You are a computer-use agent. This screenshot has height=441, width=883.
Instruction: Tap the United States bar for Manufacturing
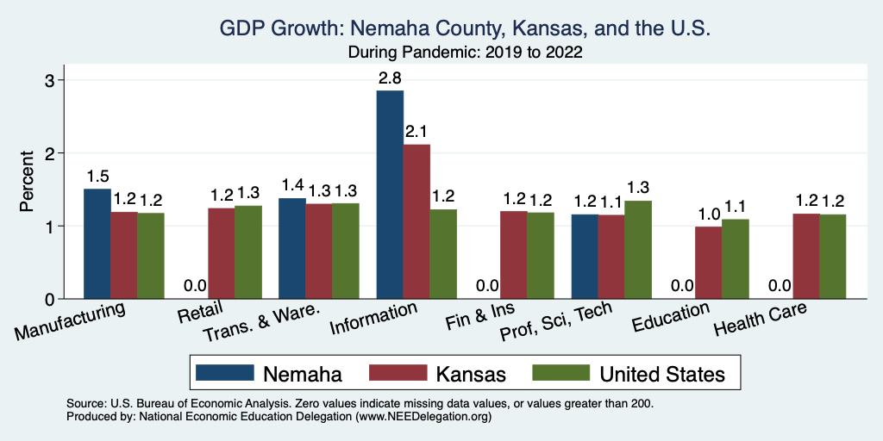point(151,256)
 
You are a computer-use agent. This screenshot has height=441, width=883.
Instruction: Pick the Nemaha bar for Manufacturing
point(97,244)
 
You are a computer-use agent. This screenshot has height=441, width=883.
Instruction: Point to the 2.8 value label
point(390,78)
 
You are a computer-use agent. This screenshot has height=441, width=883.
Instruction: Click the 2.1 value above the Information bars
point(416,132)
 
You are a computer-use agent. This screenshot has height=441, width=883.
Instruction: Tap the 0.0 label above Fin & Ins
point(487,285)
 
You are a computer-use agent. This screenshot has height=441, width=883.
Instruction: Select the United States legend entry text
point(662,374)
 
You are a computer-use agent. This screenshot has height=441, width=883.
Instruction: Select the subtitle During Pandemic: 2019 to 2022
point(465,53)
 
